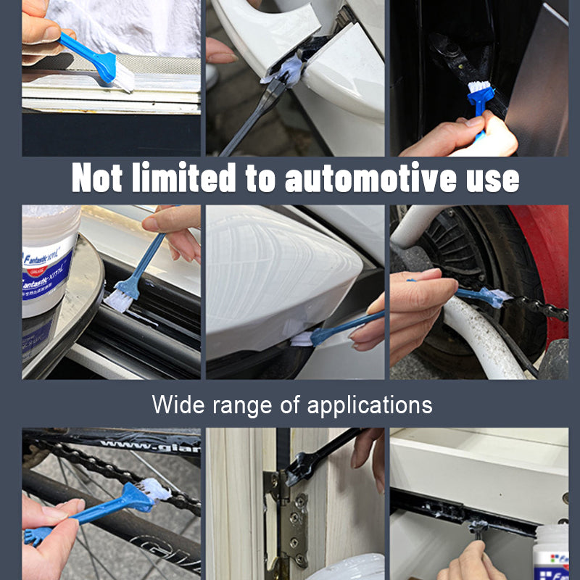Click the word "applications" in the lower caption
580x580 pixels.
[370, 405]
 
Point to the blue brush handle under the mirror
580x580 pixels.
[348, 326]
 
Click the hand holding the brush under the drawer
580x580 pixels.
[471, 562]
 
